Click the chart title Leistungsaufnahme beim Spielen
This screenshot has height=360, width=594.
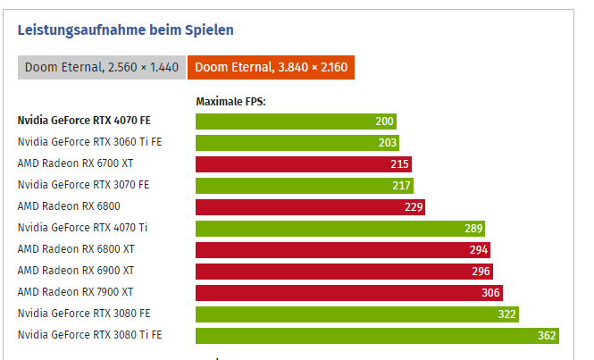pos(126,29)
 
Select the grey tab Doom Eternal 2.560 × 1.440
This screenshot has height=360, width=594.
pos(102,67)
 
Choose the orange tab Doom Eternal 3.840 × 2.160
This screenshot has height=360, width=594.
pos(272,67)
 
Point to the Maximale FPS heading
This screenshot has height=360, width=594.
pos(230,102)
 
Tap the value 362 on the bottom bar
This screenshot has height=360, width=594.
pos(547,336)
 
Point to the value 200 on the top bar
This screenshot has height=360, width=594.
pos(385,121)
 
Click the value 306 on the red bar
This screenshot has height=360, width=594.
pos(490,293)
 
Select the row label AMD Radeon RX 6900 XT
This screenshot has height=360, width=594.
pos(76,272)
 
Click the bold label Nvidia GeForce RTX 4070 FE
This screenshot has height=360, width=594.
pos(84,121)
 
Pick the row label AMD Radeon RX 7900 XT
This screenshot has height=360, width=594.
pos(76,293)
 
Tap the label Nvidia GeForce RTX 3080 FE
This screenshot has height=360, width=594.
pos(83,314)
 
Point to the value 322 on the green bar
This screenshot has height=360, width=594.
pos(507,314)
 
